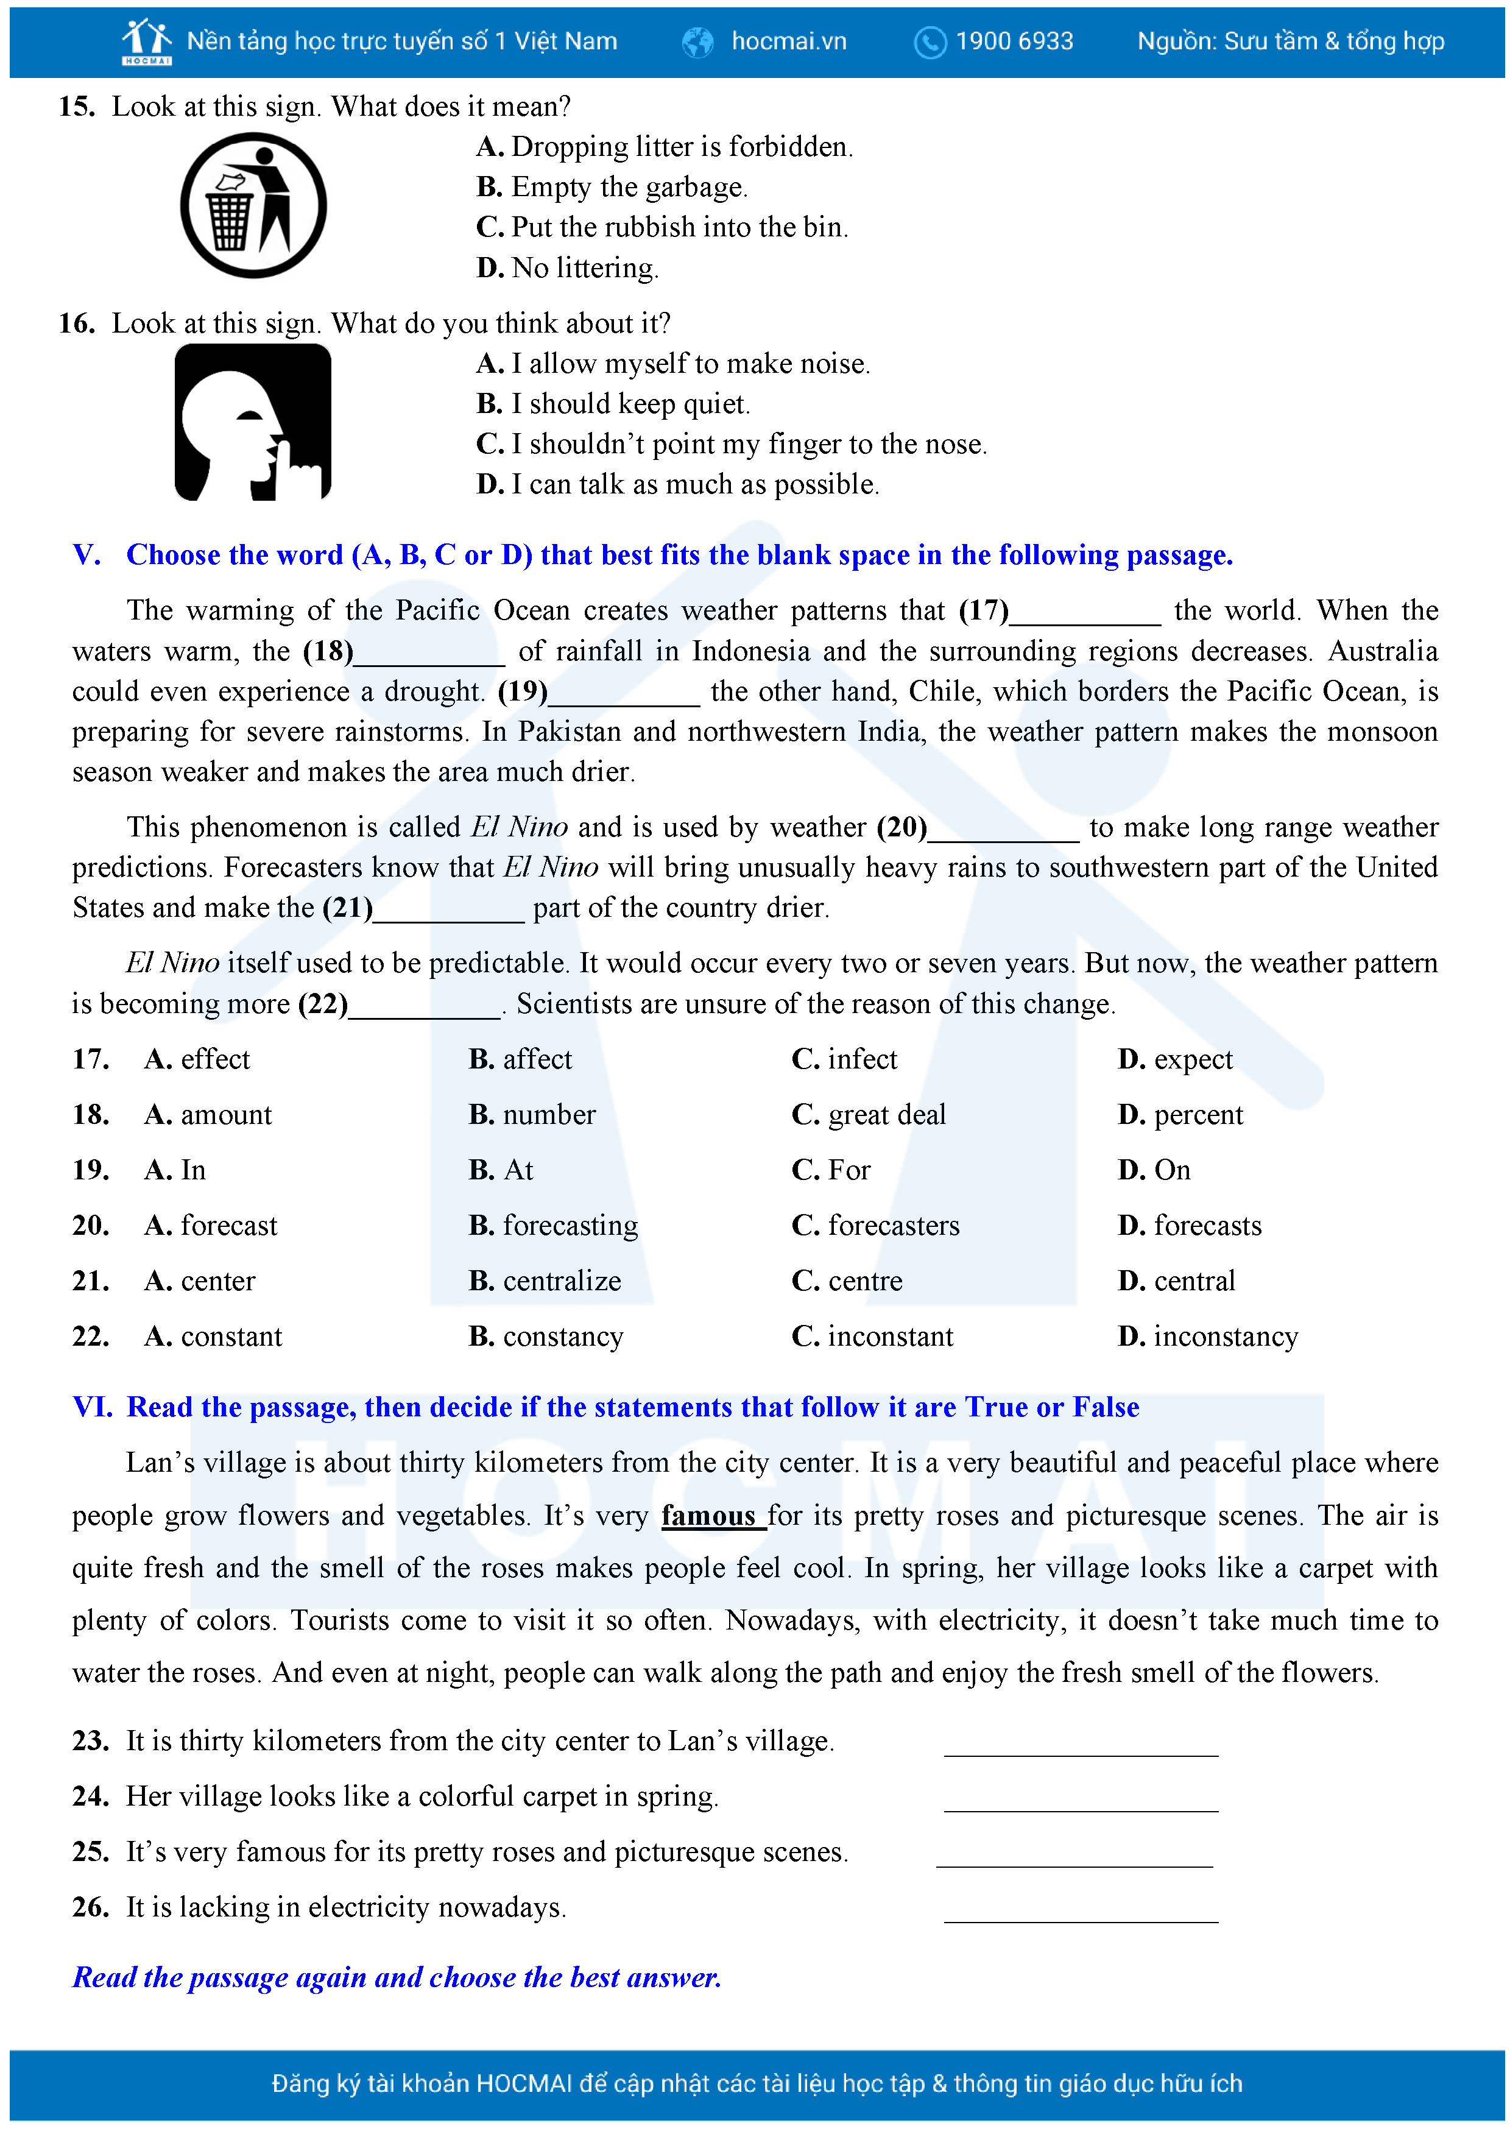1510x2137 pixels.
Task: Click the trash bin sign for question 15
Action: click(253, 206)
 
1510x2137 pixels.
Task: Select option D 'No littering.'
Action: click(568, 268)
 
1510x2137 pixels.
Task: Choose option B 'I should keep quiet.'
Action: click(613, 404)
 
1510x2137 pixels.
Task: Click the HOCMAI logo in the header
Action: click(147, 41)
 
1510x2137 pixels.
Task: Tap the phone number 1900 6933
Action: click(1014, 41)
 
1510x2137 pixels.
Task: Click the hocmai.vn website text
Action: click(789, 41)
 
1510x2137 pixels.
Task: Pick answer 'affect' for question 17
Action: click(537, 1059)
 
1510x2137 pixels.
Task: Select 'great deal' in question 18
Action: click(886, 1114)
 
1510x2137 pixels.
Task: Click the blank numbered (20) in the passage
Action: click(1004, 828)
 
